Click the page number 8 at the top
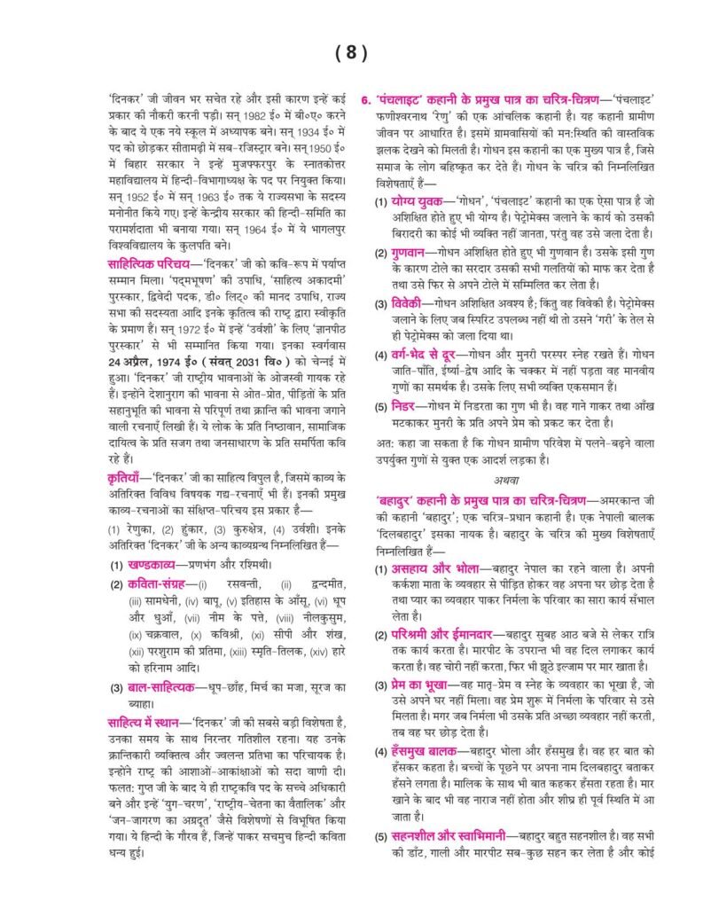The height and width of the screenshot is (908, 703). pyautogui.click(x=351, y=52)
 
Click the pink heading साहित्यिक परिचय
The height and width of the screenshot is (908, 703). pyautogui.click(x=141, y=264)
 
